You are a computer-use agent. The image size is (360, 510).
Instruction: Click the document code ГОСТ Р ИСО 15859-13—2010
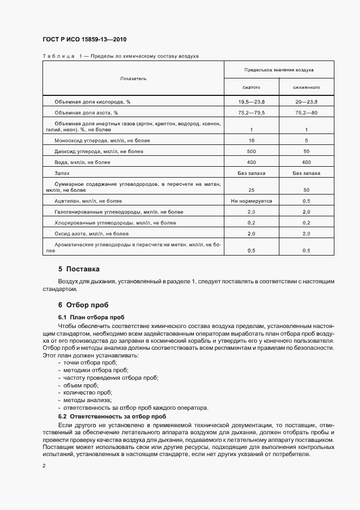(x=84, y=40)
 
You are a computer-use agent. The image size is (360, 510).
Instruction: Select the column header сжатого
(x=251, y=87)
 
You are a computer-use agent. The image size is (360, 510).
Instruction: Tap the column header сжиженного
(x=306, y=87)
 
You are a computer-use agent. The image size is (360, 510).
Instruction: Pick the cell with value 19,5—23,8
(x=251, y=102)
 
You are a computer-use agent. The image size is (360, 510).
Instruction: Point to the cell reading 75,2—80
(x=306, y=112)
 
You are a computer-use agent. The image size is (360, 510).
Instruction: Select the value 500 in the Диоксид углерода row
(x=251, y=151)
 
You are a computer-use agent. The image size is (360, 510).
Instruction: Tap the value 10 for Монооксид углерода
(x=251, y=140)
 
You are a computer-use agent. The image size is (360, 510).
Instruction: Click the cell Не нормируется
(x=251, y=201)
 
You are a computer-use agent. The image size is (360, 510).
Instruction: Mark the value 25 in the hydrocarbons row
(x=251, y=190)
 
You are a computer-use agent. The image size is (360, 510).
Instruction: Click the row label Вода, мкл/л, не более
(x=82, y=162)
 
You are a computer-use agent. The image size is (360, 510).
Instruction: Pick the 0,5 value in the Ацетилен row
(x=306, y=201)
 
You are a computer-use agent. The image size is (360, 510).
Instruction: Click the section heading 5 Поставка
(x=79, y=269)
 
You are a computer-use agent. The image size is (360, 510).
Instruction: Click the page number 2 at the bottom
(x=44, y=466)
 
